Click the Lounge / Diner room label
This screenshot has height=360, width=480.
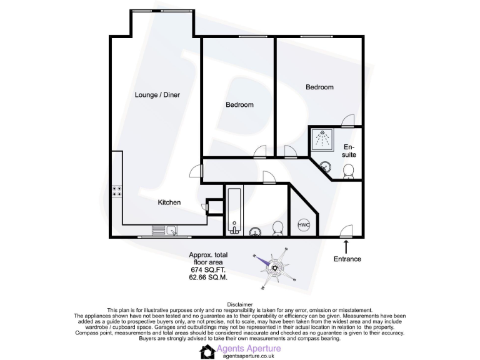point(157,95)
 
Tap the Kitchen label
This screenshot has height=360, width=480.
point(169,202)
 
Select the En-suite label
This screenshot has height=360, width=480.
point(349,151)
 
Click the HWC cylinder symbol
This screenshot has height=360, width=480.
point(304,225)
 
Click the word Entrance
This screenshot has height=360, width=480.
point(347,259)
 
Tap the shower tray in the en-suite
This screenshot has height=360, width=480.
point(323,139)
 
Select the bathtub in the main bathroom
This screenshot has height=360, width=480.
point(234,210)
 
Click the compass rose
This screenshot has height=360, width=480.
point(274,269)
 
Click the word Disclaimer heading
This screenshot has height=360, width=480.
point(240,305)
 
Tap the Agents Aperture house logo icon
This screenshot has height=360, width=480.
point(207,352)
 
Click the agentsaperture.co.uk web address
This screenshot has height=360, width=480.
point(249,356)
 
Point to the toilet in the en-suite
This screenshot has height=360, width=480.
point(349,170)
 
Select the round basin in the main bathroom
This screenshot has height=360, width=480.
point(256,232)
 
